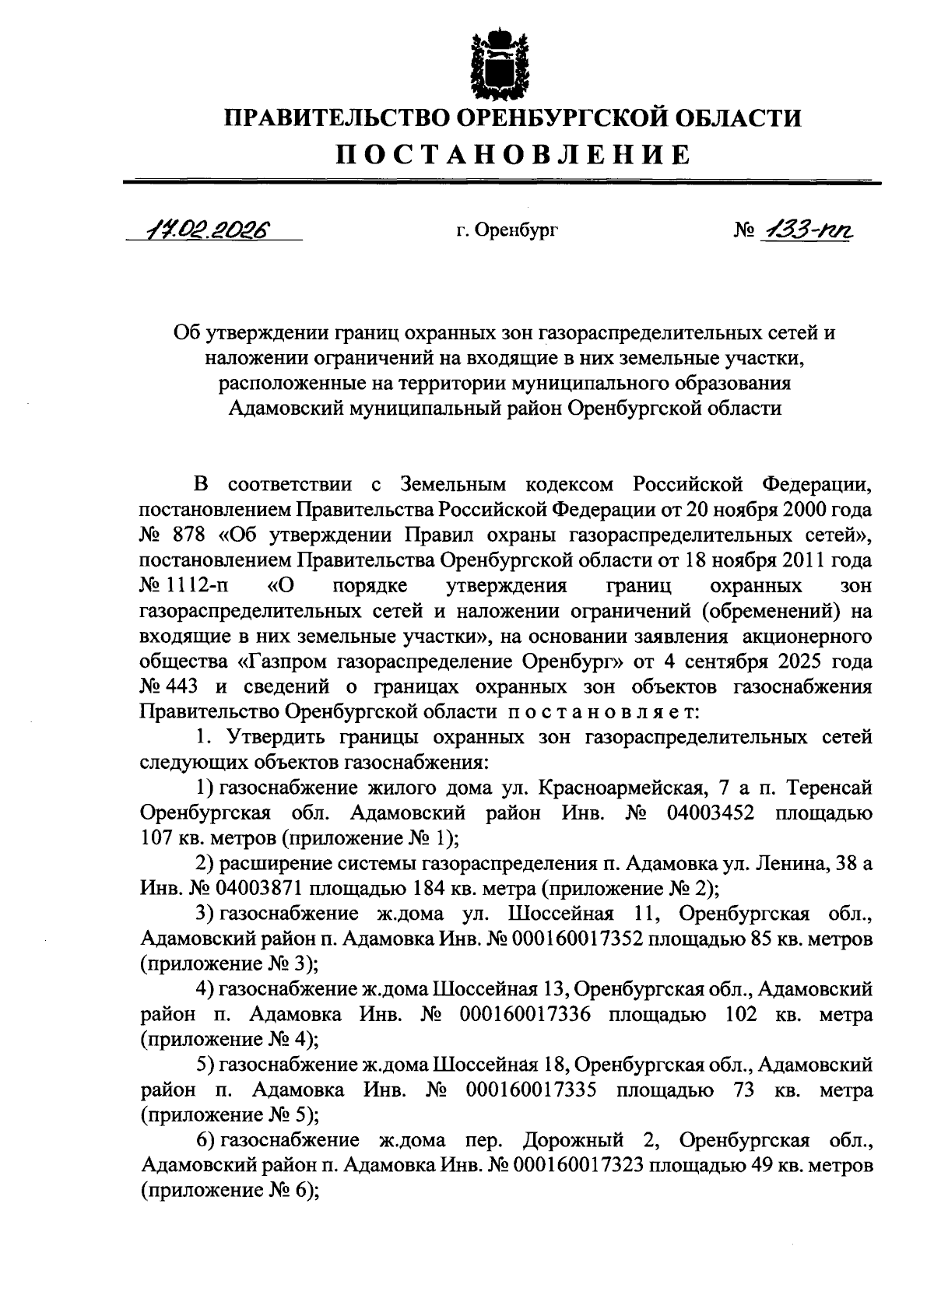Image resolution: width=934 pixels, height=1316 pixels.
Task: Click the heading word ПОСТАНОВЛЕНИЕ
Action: coord(513,153)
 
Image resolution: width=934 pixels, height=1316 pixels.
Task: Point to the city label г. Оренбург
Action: coord(507,230)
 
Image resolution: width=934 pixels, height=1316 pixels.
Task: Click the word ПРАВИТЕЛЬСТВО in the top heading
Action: coord(335,118)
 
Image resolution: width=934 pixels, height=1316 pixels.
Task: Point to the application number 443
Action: coord(184,686)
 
